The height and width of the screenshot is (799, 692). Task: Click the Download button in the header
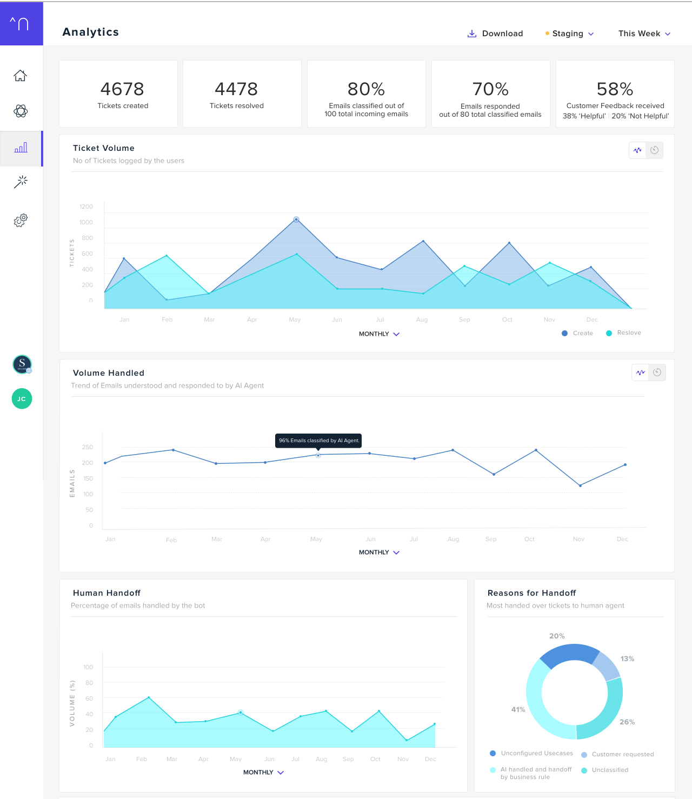point(495,34)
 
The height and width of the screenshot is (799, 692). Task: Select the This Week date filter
point(644,34)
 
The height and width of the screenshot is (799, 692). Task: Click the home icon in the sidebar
point(21,76)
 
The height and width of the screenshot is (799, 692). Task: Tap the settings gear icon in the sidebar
point(21,220)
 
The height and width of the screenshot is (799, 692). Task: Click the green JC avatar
point(22,399)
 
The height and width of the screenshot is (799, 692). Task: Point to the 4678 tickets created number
point(122,89)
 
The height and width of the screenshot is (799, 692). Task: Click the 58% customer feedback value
point(615,89)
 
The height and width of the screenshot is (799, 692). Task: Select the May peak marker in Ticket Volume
point(296,219)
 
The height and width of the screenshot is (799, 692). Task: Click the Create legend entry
point(578,333)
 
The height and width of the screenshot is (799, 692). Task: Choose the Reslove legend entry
point(624,333)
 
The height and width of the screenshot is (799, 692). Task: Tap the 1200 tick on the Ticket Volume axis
point(86,207)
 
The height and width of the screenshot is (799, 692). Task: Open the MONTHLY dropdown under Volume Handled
point(379,552)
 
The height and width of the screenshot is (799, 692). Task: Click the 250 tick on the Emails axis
point(87,447)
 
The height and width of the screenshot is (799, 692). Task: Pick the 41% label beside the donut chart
point(518,710)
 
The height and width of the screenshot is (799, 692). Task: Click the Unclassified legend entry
point(605,770)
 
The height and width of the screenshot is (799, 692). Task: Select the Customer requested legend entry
point(617,755)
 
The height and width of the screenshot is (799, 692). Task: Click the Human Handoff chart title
point(107,593)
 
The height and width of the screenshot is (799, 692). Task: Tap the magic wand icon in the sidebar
point(21,182)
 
